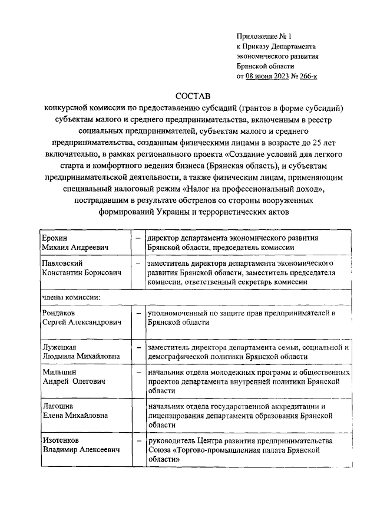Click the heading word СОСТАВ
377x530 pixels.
tap(193, 96)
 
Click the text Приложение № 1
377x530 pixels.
tap(263, 36)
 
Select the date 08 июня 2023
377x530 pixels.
tap(269, 76)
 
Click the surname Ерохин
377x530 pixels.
tap(54, 237)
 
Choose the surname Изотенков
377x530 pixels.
tap(61, 440)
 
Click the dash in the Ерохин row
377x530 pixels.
tap(137, 237)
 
